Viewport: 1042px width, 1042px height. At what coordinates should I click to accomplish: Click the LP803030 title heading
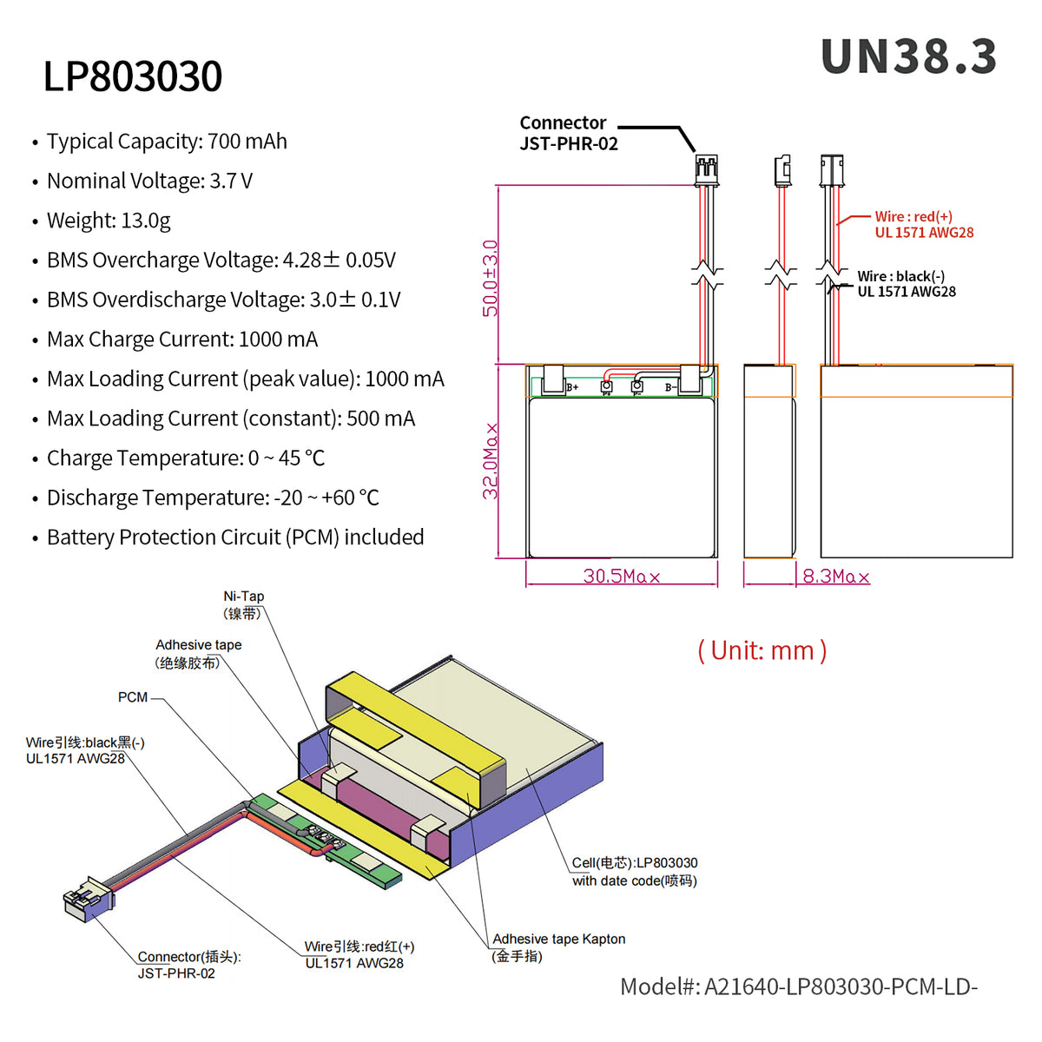tap(133, 76)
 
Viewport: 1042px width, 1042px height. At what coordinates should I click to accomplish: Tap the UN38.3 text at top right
tap(908, 57)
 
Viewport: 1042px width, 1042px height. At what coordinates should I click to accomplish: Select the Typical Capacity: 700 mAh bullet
tap(166, 142)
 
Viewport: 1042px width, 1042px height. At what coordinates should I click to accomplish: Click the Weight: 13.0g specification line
tap(109, 221)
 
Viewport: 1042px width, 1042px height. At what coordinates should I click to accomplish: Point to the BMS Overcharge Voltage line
tap(221, 260)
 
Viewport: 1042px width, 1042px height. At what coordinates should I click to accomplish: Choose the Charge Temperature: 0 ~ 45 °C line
tap(185, 458)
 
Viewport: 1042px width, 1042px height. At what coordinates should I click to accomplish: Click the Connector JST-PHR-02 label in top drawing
tap(568, 134)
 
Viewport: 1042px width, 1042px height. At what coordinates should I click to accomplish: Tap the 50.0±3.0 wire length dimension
tap(491, 278)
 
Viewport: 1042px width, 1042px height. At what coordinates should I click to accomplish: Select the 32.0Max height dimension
tap(491, 461)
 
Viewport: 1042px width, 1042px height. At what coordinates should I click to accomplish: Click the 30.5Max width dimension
tap(621, 577)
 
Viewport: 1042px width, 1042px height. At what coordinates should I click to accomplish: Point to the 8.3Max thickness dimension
tap(835, 577)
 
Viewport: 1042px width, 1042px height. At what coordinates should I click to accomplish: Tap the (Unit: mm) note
tap(762, 650)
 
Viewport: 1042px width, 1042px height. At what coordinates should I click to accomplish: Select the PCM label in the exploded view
tap(133, 697)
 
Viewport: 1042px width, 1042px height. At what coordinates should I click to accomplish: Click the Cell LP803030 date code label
tap(634, 872)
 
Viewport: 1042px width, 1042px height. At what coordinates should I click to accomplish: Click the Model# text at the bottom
tap(798, 987)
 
